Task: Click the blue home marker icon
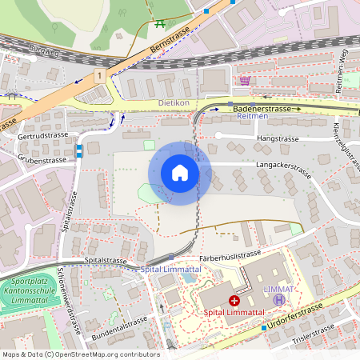tap(180, 173)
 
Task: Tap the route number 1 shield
tap(98, 74)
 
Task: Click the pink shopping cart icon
tap(245, 80)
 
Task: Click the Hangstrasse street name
tap(278, 138)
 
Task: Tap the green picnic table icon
tap(159, 24)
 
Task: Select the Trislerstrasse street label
tap(314, 331)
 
